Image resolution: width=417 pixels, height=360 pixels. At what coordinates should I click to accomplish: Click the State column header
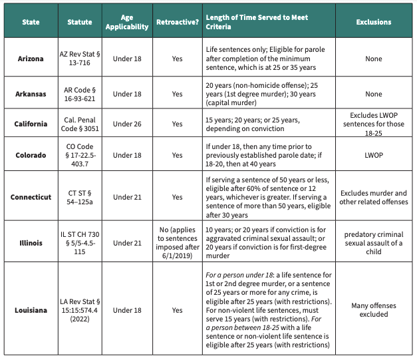click(x=31, y=22)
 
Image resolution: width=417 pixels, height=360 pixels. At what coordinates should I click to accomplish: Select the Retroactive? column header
click(x=176, y=22)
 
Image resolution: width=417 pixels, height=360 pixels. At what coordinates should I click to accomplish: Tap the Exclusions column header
click(x=372, y=22)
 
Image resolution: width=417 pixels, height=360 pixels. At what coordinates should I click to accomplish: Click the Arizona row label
click(x=31, y=59)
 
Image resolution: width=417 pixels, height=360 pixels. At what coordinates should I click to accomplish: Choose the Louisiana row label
click(x=31, y=309)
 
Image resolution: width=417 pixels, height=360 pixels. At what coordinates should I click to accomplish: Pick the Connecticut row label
click(x=31, y=197)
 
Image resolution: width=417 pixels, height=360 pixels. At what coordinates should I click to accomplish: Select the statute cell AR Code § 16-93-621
click(x=80, y=94)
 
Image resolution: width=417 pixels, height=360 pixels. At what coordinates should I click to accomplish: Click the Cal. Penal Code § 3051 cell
click(x=80, y=124)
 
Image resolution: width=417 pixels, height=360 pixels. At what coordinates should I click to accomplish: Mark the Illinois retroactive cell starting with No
click(x=176, y=242)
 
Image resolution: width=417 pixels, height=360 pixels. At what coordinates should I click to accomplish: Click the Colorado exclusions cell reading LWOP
click(x=372, y=154)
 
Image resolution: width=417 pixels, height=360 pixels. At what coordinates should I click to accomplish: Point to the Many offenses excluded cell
click(x=372, y=309)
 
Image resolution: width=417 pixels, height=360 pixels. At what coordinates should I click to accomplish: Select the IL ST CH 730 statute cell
click(x=80, y=242)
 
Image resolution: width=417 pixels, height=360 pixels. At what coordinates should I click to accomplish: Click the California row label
click(x=31, y=124)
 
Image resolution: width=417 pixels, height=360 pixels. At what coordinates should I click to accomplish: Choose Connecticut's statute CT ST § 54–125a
click(x=80, y=197)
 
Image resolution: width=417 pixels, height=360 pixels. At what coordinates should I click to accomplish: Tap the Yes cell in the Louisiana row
click(x=176, y=309)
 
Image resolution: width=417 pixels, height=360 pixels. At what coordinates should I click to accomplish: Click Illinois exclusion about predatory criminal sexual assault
click(x=372, y=242)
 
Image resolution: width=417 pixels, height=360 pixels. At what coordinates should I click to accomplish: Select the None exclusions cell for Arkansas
click(x=372, y=94)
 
